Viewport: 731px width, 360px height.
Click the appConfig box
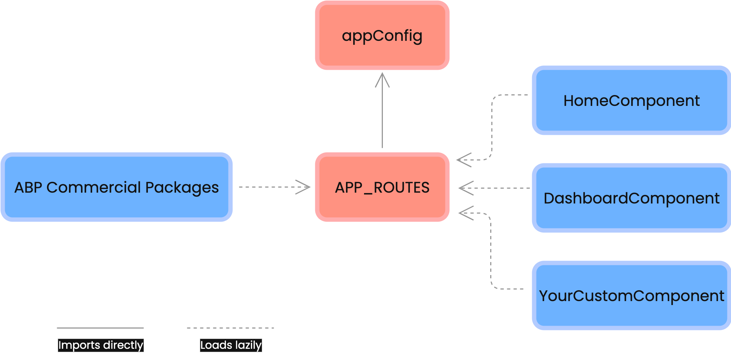(x=382, y=35)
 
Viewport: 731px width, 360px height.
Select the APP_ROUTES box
(x=382, y=187)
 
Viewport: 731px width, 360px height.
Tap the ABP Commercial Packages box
(x=116, y=187)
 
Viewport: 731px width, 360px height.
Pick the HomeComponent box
(x=631, y=100)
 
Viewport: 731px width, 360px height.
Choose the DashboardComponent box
(x=631, y=198)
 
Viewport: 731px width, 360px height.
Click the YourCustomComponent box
(x=631, y=296)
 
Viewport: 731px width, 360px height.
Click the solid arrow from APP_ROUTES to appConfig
(x=382, y=116)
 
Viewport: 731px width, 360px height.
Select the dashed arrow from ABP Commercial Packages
(x=271, y=187)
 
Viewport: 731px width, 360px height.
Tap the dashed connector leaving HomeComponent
(x=492, y=127)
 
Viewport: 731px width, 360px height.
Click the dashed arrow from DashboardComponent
(x=499, y=188)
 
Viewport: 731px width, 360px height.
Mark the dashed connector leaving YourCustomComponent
(x=491, y=253)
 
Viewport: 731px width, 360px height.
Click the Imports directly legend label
(x=101, y=345)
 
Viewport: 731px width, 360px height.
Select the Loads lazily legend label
(x=231, y=345)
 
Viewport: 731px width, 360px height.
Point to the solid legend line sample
(x=100, y=328)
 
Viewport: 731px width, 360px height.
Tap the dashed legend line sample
(x=230, y=328)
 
